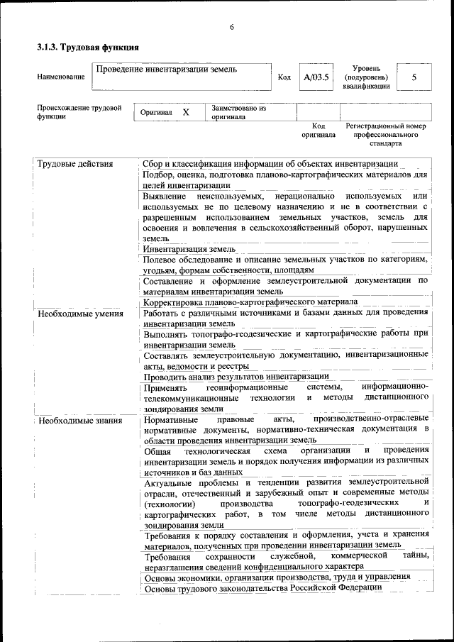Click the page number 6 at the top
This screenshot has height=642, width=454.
(231, 27)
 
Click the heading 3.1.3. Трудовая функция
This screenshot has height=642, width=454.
(87, 48)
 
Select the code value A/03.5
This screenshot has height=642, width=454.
(316, 77)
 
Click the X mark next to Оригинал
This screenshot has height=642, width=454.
(186, 113)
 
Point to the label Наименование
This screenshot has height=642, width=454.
(61, 77)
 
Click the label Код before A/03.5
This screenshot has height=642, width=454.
(284, 77)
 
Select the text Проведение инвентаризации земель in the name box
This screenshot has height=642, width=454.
(167, 70)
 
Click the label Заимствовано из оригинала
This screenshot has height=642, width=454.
(238, 113)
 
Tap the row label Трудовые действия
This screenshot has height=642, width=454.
(75, 164)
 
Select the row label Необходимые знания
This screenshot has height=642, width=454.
(77, 421)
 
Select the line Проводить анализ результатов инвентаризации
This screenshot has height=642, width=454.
(236, 376)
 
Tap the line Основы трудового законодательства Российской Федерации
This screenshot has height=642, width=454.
(262, 587)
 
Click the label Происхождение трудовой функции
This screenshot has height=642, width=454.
(79, 113)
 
